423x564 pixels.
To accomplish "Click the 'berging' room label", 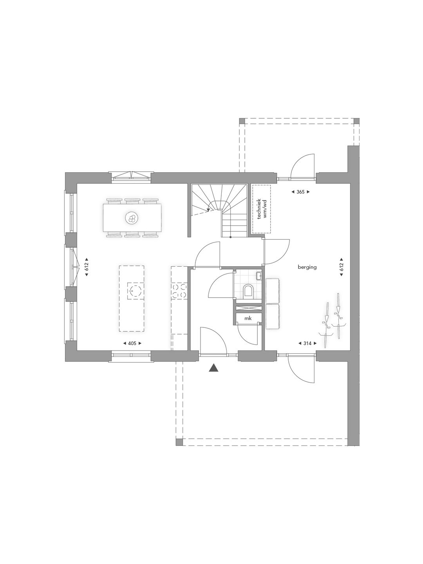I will [x=307, y=267].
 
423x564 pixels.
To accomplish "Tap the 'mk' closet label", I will [x=248, y=318].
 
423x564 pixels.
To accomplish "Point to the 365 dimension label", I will [x=301, y=192].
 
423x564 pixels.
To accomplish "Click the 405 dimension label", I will [x=132, y=343].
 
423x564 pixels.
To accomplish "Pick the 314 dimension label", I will [x=307, y=343].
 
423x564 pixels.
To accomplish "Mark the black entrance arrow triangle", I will [x=213, y=368].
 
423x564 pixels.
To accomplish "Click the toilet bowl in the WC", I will [x=248, y=291].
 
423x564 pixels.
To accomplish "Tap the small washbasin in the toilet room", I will [x=259, y=276].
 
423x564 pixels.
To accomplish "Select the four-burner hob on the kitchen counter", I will [x=179, y=290].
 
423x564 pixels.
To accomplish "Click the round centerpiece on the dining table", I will [x=132, y=218].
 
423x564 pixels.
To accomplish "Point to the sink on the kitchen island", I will [x=135, y=291].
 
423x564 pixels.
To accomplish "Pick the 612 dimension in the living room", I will [x=86, y=267].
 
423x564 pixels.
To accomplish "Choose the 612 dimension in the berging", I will [x=341, y=267].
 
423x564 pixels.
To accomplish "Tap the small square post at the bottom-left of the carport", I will [x=179, y=442].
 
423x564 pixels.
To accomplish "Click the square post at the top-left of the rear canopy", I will [x=242, y=121].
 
